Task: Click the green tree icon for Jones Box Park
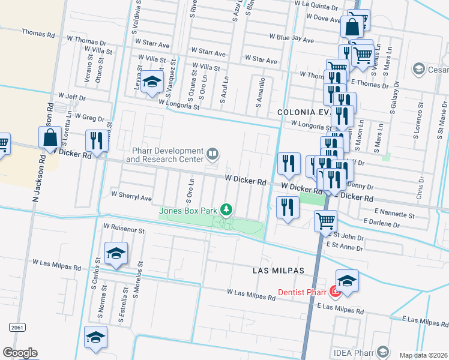[226, 209]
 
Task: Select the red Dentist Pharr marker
[335, 292]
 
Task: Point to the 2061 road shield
[17, 326]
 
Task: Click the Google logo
[20, 352]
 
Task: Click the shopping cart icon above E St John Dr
[325, 220]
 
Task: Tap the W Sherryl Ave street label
[131, 196]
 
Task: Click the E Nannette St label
[394, 214]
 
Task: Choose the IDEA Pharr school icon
[383, 352]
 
